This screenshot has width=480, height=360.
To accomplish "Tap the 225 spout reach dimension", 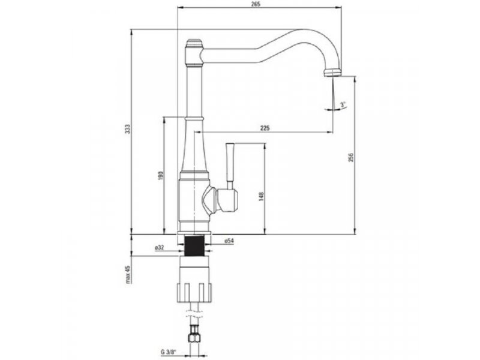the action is (265, 128).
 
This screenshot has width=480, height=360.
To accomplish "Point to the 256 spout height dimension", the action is (351, 158).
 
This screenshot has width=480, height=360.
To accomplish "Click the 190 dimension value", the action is (161, 175).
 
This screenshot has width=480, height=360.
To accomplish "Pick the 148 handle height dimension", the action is (261, 196).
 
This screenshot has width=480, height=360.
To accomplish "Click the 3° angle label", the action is (343, 104).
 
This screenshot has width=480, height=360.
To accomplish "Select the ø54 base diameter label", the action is (229, 241).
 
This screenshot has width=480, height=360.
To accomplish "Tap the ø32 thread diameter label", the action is (160, 248).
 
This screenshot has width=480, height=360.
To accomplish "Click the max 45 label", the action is (128, 275).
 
